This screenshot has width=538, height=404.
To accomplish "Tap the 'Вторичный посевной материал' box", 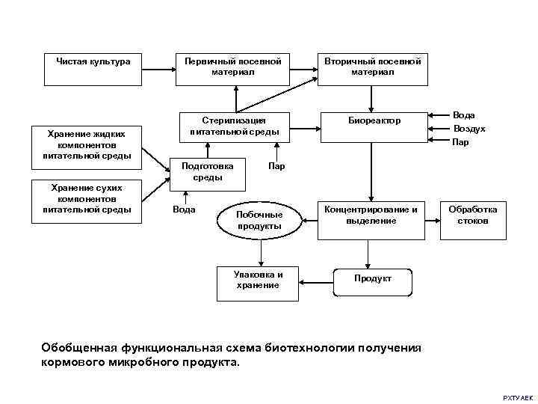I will click(x=372, y=67).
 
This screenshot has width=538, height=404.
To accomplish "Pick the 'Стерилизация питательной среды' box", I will click(x=235, y=126).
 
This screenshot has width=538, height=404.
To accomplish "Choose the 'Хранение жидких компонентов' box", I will click(x=87, y=144).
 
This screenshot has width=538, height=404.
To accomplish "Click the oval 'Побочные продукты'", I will click(x=259, y=219).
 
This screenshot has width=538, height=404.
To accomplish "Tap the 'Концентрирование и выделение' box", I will click(x=371, y=216).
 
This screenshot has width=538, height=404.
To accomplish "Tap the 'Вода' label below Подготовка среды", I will click(x=184, y=209).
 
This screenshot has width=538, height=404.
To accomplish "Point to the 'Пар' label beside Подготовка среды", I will click(x=276, y=166).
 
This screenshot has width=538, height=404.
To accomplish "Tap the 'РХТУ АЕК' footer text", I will click(x=517, y=395).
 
